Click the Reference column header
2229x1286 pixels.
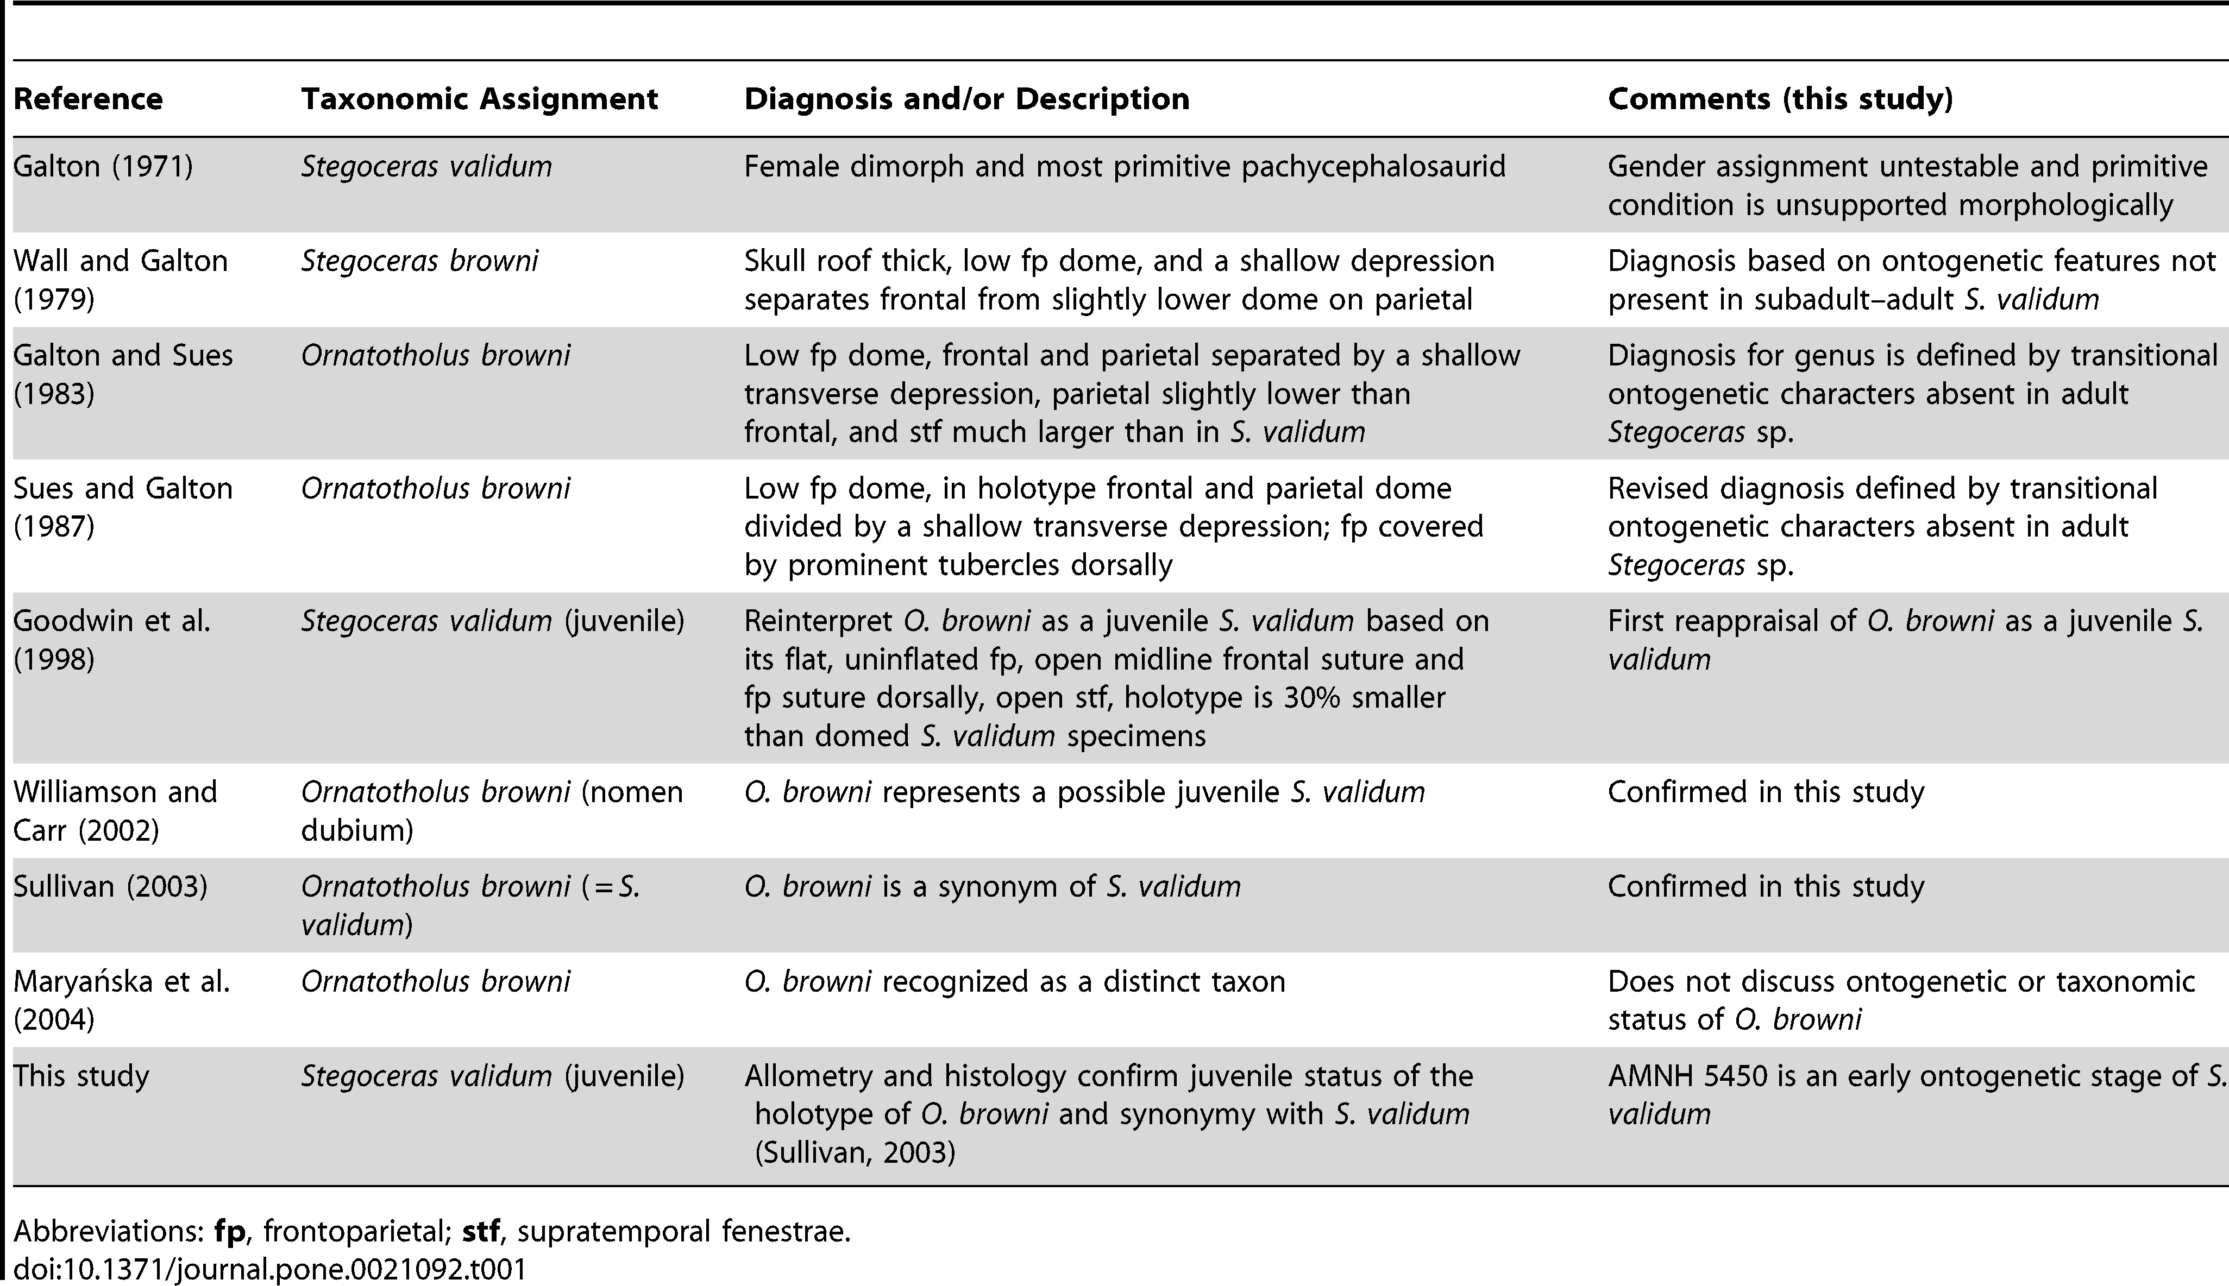[x=87, y=99]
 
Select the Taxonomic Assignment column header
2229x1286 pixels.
[x=479, y=99]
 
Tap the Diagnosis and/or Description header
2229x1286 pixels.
[x=966, y=99]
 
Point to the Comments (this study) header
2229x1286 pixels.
[x=1779, y=99]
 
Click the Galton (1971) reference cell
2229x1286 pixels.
[x=103, y=167]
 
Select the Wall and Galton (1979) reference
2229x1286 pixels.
[x=120, y=280]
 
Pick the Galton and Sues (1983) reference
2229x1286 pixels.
[x=123, y=375]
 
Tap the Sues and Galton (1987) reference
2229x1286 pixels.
[x=123, y=507]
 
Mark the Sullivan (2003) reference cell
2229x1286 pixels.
[x=110, y=886]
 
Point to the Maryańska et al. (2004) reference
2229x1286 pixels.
[x=121, y=1000]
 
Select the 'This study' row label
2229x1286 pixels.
[x=81, y=1076]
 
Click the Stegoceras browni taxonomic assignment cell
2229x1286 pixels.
[x=419, y=261]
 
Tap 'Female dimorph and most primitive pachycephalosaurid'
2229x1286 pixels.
[x=1124, y=167]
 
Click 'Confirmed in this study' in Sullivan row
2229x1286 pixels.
[x=1765, y=886]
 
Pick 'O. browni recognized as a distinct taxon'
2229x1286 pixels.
[x=1014, y=981]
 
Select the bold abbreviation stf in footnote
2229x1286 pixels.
[x=481, y=1231]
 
